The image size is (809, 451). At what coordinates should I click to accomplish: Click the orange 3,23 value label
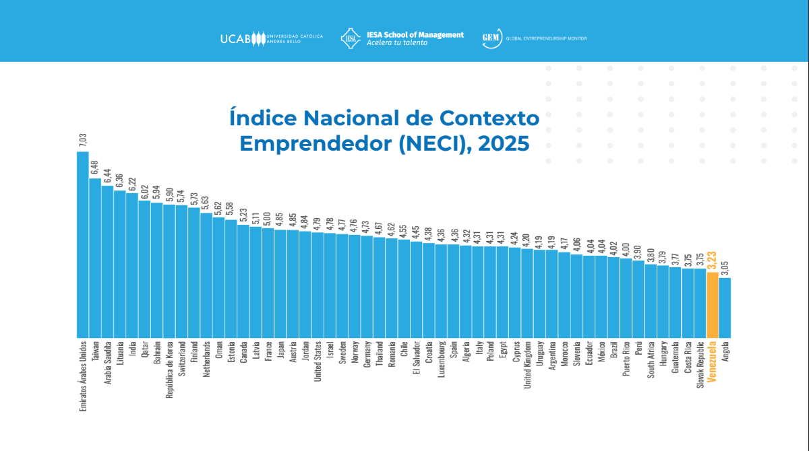(x=712, y=261)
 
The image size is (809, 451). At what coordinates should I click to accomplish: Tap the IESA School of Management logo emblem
(x=351, y=38)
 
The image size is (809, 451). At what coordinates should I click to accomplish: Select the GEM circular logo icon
(x=490, y=38)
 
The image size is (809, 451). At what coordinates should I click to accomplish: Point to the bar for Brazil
(x=613, y=297)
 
